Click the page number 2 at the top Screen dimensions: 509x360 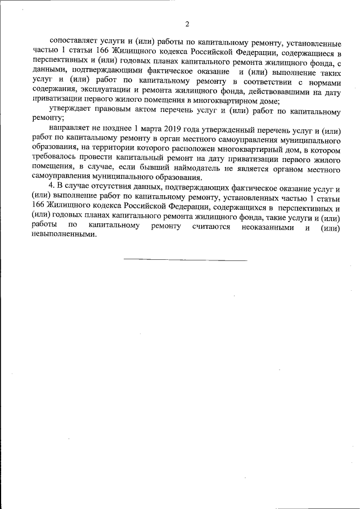tap(187, 24)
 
